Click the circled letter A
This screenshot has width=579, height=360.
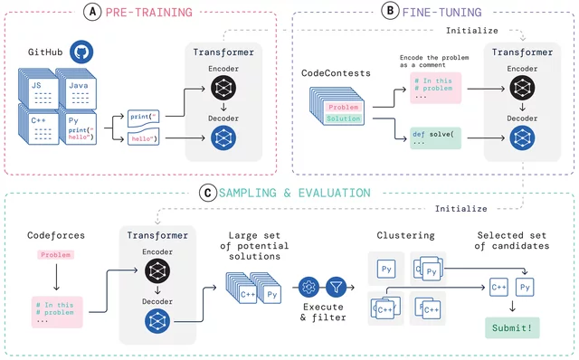[92, 12]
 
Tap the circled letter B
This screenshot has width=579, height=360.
[390, 12]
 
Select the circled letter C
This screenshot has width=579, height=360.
[209, 193]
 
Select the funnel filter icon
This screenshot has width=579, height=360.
[337, 287]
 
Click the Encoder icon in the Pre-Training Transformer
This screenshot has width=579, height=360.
[223, 87]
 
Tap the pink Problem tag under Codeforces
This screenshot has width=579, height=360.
[55, 256]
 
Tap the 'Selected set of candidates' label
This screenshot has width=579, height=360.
[512, 241]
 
